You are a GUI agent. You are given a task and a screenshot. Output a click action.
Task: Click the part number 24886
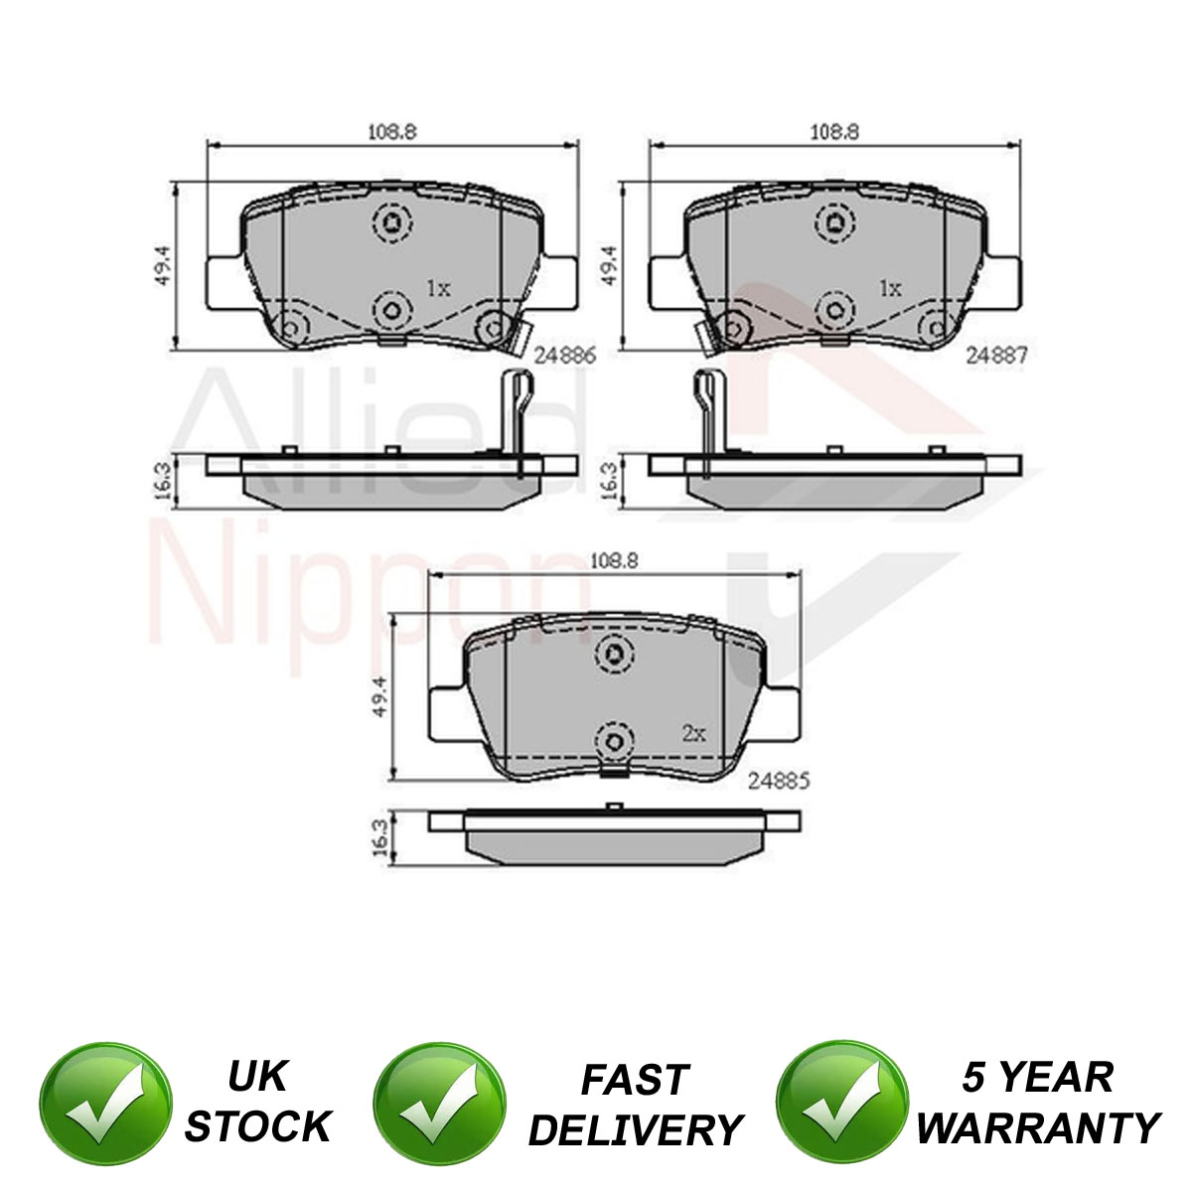tap(565, 355)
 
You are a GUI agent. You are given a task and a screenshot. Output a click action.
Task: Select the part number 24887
tap(996, 355)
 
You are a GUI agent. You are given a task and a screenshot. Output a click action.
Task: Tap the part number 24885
tap(779, 782)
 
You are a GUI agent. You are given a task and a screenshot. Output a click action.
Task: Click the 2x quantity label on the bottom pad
tap(694, 734)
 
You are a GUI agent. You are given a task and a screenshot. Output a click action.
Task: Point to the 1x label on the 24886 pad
tap(439, 288)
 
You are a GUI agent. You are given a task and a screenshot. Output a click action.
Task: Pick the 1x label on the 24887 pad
tap(890, 288)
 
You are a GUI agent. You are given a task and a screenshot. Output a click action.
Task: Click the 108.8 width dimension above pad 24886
tap(392, 132)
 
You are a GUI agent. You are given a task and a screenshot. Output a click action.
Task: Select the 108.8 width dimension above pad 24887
tap(834, 132)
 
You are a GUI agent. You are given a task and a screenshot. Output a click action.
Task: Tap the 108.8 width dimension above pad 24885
tap(615, 560)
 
